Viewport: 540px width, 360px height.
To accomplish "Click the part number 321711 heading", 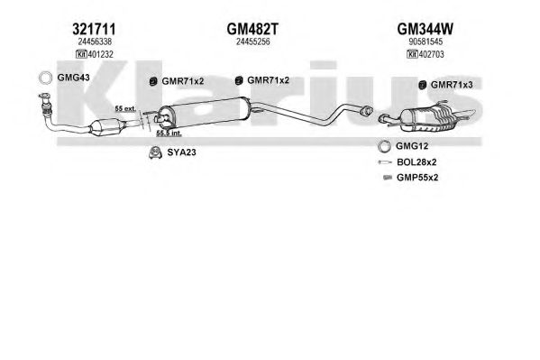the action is tap(94, 29).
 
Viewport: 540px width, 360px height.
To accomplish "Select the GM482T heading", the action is tap(252, 29).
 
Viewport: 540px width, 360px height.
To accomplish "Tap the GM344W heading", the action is tap(425, 29).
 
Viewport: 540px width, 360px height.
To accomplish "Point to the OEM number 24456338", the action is tap(95, 42).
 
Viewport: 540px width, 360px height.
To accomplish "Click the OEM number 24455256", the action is tap(252, 42).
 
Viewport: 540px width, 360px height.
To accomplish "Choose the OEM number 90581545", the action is tap(426, 42).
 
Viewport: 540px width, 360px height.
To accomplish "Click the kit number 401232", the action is tap(101, 54).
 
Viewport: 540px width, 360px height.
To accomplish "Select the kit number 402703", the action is tap(431, 54).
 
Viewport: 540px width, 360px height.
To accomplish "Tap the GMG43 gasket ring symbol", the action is tap(45, 72).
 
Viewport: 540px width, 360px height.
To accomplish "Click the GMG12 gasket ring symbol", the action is tap(384, 141).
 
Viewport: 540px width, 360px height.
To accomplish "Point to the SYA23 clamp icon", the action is tap(156, 152).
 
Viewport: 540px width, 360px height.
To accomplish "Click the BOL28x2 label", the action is tap(416, 162).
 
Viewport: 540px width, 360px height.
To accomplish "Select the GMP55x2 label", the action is tap(417, 178).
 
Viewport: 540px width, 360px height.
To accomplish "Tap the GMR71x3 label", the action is tap(452, 85).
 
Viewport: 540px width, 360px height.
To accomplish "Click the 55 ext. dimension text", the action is tap(125, 108).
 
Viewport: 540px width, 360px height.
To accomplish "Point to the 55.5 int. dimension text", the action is tap(169, 134).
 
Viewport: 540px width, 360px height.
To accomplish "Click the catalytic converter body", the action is tap(106, 126).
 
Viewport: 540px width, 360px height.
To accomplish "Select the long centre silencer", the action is tap(204, 111).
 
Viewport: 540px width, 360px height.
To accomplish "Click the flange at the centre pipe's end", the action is tap(366, 111).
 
